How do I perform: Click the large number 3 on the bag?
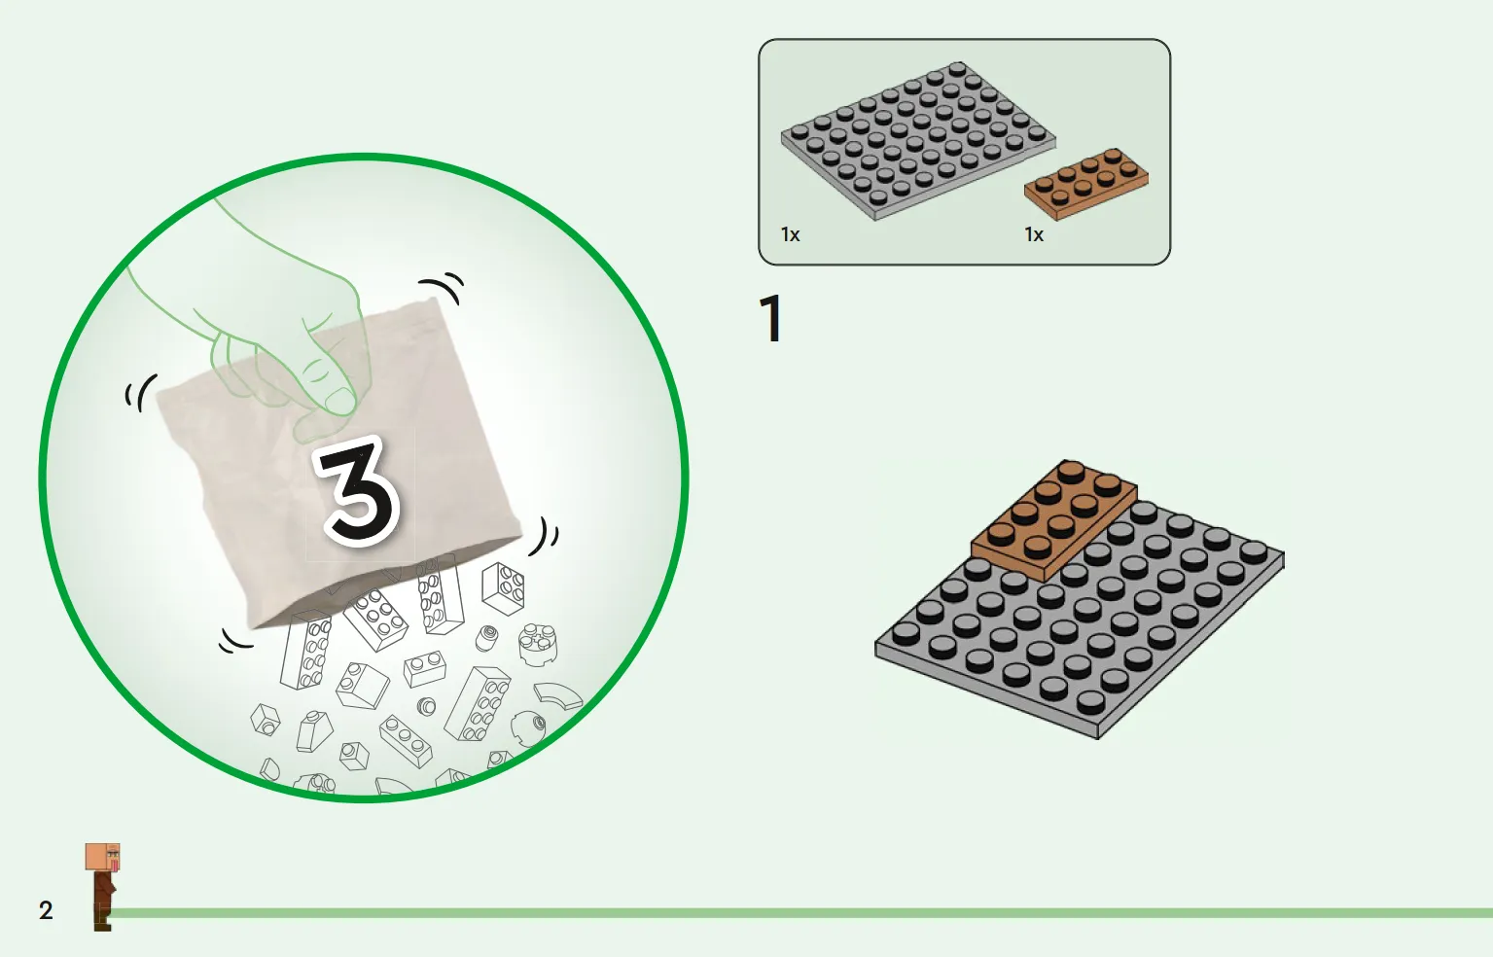coord(359,494)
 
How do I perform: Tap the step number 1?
coord(771,319)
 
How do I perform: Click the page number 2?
coord(46,910)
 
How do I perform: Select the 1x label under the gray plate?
coord(791,234)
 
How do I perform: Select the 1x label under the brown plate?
coord(1034,234)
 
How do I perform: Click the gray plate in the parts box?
coord(918,141)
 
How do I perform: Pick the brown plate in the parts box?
coord(1086,183)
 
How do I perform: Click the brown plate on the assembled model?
coord(1053,519)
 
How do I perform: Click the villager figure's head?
coord(103,857)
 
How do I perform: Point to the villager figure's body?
coord(103,901)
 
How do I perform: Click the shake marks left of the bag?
coord(141,392)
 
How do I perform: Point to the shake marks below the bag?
coord(235,641)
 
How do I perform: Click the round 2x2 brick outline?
coord(537,644)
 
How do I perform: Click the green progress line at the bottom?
coord(800,913)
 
